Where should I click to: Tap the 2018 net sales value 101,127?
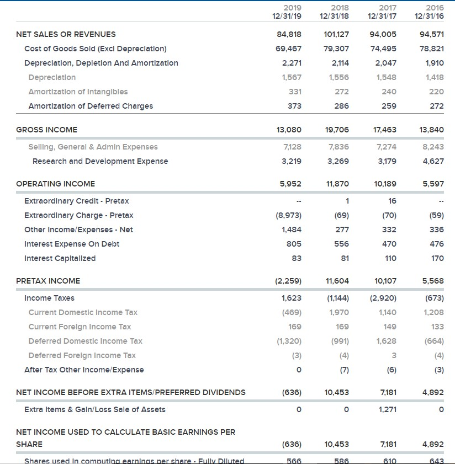click(336, 34)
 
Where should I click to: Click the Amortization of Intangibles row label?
click(78, 92)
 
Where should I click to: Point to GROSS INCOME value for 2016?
click(432, 130)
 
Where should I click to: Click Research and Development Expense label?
click(100, 161)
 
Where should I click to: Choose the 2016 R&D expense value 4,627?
click(434, 161)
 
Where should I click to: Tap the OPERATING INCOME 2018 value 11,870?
click(337, 184)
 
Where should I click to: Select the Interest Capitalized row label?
click(60, 258)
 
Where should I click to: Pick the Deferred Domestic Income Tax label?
click(85, 341)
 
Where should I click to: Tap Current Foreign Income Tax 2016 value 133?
click(437, 327)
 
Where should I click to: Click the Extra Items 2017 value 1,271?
click(385, 409)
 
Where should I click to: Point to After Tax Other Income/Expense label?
click(84, 370)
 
